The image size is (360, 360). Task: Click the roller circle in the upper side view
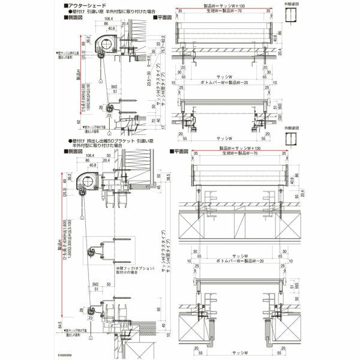pyautogui.click(x=106, y=44)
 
